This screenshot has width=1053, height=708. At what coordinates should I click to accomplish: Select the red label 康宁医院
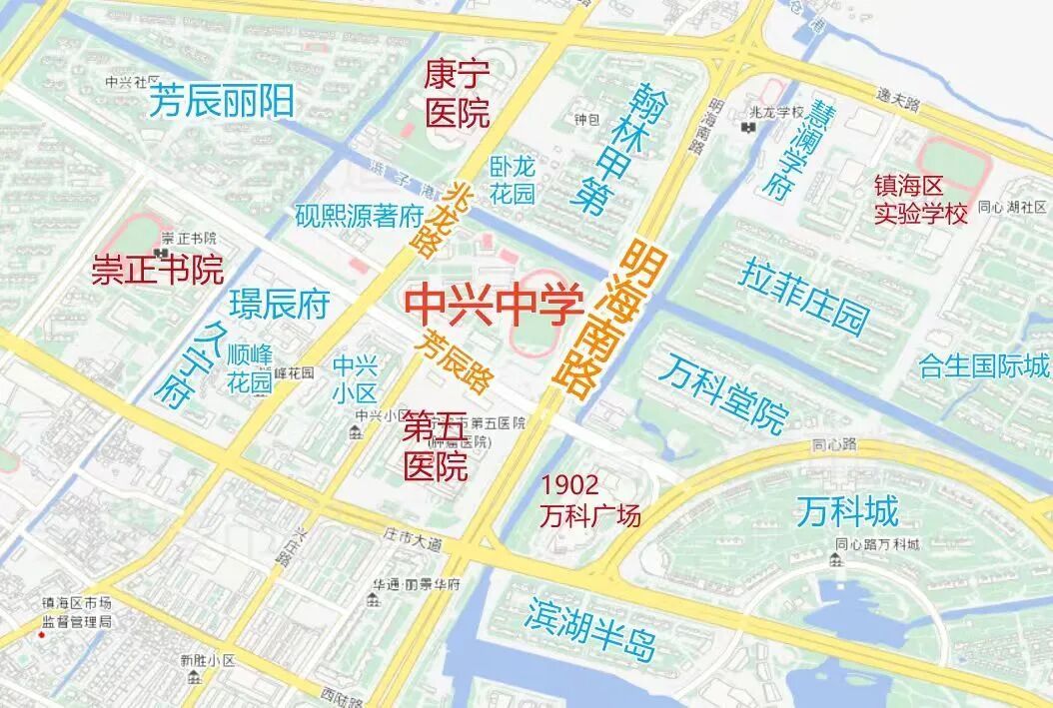[x=457, y=94]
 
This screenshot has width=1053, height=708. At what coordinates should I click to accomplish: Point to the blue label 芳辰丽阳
[x=221, y=102]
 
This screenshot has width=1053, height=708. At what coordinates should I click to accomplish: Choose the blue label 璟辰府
[x=279, y=305]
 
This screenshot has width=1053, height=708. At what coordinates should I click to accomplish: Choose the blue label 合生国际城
[x=984, y=365]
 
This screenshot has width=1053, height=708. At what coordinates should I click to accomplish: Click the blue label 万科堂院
[x=723, y=392]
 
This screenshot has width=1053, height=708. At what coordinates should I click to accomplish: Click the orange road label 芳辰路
[x=458, y=361]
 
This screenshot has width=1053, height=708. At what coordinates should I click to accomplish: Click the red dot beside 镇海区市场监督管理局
[x=41, y=636]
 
